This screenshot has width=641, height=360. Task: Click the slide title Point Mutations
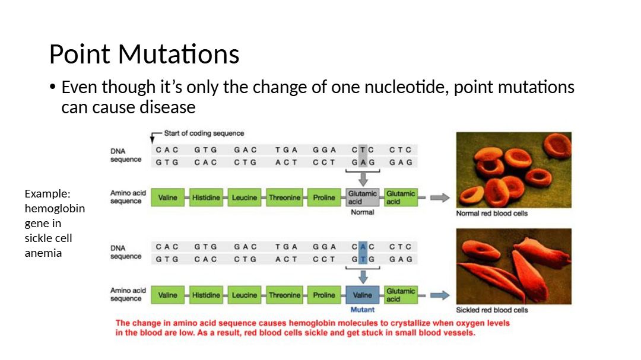point(144,54)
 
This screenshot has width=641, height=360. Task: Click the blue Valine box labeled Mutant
point(363,295)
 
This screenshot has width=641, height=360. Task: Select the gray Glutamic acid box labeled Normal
point(363,197)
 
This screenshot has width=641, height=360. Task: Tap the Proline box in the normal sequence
point(324,197)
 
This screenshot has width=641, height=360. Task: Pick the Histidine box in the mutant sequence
point(206,295)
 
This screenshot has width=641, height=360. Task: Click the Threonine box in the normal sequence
point(284,197)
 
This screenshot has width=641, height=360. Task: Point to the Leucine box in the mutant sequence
point(245,295)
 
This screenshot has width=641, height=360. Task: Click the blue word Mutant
point(362,310)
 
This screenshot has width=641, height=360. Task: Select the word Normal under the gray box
point(362,212)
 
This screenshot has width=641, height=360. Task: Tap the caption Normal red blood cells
point(492,214)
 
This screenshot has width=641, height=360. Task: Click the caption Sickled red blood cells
point(492,310)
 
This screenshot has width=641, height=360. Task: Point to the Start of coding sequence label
point(204,133)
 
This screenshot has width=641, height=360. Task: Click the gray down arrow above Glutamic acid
point(363,179)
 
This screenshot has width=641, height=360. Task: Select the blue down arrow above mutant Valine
point(363,277)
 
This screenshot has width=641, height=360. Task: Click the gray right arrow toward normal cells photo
point(440,197)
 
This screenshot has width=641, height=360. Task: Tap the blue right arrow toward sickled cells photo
point(440,295)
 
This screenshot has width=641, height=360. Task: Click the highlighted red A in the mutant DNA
point(363,247)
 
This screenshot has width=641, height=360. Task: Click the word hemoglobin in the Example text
point(55,208)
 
